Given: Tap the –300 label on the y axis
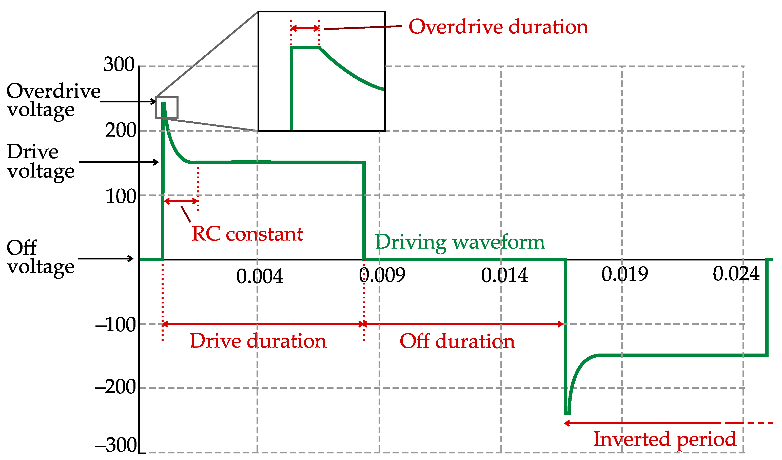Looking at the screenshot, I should click(116, 445).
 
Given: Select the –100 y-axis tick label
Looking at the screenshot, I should click(116, 325).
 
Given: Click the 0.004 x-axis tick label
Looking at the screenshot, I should click(259, 276).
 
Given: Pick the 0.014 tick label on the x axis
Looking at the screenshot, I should click(504, 275).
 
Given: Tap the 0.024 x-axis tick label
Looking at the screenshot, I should click(736, 274).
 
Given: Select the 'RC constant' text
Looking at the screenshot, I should click(247, 234).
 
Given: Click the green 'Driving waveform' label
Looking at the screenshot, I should click(460, 242).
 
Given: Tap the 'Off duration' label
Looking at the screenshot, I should click(457, 342).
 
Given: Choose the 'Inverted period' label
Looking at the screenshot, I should click(665, 439).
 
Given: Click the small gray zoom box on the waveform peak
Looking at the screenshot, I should click(167, 107).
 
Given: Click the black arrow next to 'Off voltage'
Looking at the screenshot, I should click(106, 258).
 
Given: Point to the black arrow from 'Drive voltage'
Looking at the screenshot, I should click(119, 162).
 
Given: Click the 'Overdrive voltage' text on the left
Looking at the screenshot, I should click(53, 100).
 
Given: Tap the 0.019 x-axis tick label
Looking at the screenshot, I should click(625, 274).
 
